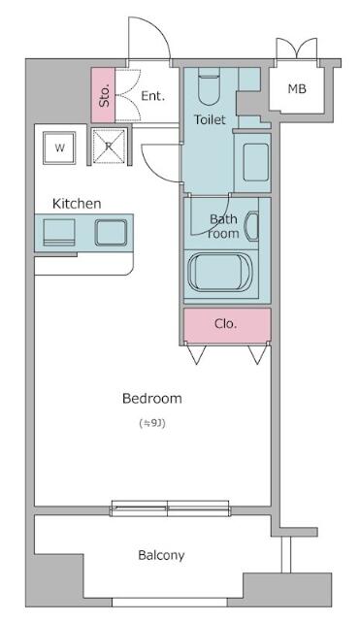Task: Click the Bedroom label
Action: [152, 398]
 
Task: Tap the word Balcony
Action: [161, 555]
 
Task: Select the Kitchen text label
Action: [77, 204]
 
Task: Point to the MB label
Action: [297, 88]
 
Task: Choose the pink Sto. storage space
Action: [103, 95]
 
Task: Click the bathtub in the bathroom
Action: [220, 273]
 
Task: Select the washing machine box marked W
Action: [59, 147]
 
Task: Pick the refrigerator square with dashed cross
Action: [109, 147]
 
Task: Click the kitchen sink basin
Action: [111, 233]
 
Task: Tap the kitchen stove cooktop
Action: [59, 233]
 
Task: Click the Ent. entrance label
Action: [153, 96]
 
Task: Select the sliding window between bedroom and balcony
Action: [171, 508]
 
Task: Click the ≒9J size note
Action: [152, 424]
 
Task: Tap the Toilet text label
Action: [210, 119]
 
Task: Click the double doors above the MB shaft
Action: [297, 49]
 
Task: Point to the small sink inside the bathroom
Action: [252, 226]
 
